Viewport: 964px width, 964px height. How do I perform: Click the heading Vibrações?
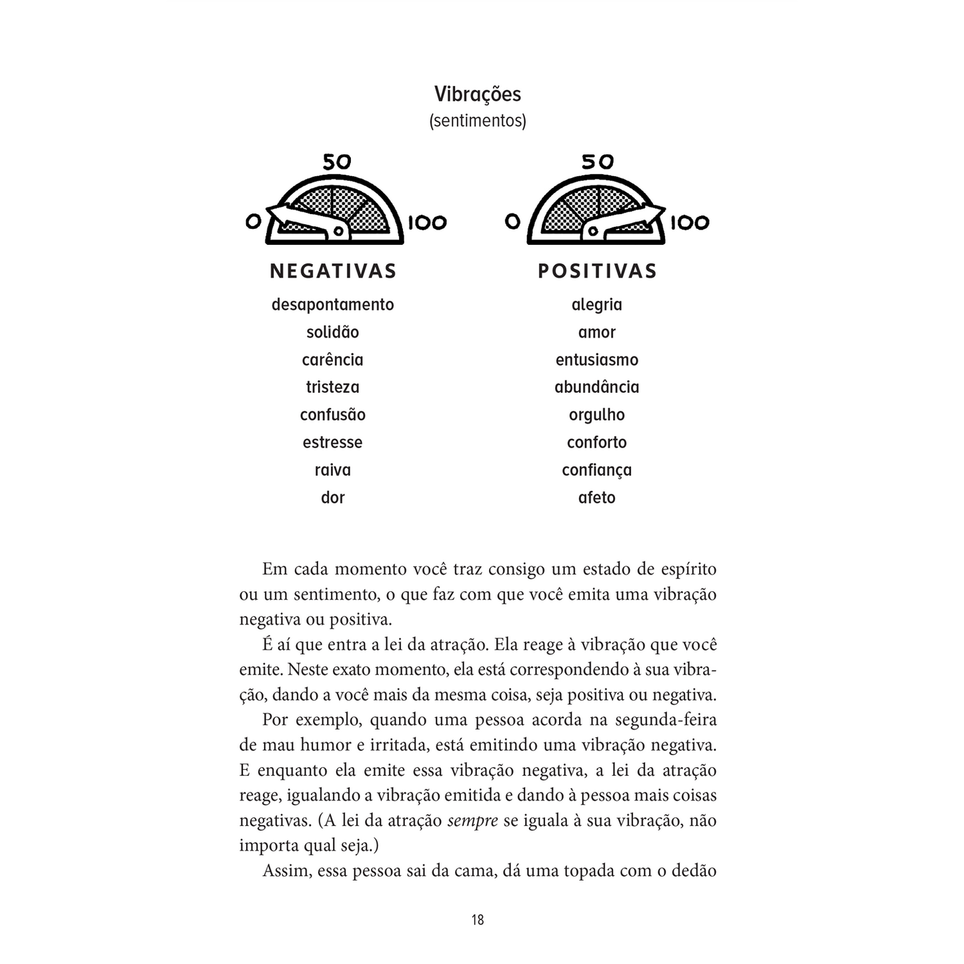tap(478, 94)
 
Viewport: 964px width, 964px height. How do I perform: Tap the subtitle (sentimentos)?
tap(478, 121)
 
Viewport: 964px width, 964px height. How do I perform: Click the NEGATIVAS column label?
tap(333, 271)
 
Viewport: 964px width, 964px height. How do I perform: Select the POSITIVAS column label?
tap(597, 271)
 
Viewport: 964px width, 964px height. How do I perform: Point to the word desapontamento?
tap(332, 305)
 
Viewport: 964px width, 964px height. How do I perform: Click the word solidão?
tap(332, 332)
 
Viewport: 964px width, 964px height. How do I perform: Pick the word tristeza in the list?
tap(332, 387)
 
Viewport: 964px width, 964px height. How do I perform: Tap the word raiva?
tap(332, 470)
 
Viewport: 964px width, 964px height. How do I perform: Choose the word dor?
tap(332, 498)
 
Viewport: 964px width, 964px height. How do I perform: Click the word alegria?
tap(596, 305)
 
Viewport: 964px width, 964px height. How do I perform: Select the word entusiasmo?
tap(596, 360)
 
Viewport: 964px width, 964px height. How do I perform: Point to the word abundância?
tap(596, 387)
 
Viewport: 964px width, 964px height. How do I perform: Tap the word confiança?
tap(596, 470)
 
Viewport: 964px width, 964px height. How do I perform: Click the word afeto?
tap(596, 498)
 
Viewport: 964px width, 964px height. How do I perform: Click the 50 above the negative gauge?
tap(336, 162)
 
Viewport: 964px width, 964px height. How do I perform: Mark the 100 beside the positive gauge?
tap(689, 222)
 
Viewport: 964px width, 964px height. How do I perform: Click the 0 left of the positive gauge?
tap(512, 221)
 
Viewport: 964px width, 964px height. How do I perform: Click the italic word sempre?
tap(472, 821)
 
